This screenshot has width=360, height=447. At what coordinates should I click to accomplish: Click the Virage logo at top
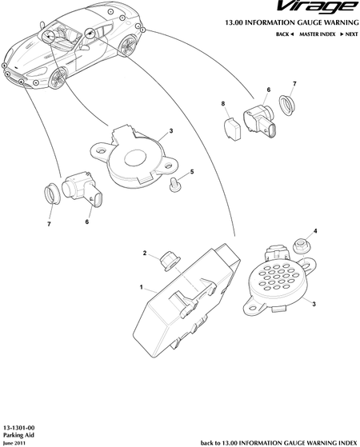click(318, 7)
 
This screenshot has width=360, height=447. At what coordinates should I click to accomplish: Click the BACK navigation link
click(285, 34)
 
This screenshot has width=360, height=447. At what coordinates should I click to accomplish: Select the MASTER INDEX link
click(318, 34)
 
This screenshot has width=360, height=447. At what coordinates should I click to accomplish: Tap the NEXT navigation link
click(349, 34)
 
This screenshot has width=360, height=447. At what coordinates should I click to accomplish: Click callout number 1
click(142, 287)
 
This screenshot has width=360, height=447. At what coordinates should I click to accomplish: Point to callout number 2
click(145, 253)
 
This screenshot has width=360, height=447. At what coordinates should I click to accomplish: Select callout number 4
click(315, 231)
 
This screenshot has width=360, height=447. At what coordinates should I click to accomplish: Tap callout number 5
click(192, 172)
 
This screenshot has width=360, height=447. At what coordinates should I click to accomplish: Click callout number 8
click(223, 104)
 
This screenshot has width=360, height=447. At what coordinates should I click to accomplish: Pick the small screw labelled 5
click(174, 185)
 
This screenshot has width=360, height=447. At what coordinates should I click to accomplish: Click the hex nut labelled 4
click(299, 246)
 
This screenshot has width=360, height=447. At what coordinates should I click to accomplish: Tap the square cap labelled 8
click(232, 130)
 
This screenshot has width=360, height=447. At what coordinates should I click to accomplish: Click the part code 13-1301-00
click(19, 428)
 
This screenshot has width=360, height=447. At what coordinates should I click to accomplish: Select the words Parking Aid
click(18, 435)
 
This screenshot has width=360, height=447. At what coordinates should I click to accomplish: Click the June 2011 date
click(14, 443)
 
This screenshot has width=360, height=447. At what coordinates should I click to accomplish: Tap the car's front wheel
click(58, 78)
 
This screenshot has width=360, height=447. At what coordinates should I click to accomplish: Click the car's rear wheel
click(128, 46)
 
